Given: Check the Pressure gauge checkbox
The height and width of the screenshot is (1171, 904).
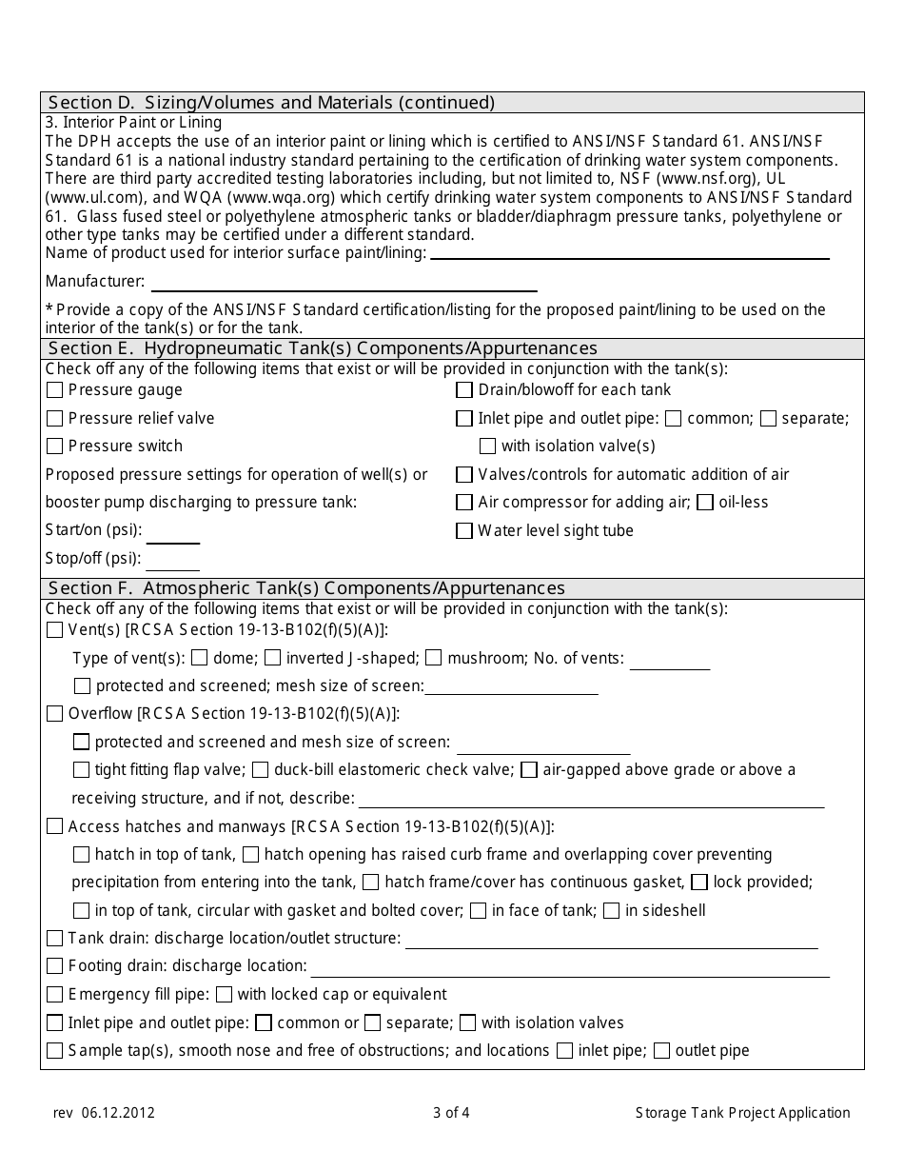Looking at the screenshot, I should click(x=55, y=389).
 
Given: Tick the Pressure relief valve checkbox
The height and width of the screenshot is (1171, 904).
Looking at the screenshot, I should click(x=55, y=418).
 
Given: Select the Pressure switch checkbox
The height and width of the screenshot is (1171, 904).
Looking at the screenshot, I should click(x=55, y=446).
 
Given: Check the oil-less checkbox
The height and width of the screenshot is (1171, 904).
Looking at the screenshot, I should click(x=705, y=502).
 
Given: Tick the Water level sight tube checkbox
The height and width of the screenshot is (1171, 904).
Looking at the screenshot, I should click(x=464, y=530).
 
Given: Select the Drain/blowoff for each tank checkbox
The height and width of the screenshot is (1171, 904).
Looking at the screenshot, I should click(x=464, y=389).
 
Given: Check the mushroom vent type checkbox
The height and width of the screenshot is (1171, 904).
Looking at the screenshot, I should click(x=434, y=657).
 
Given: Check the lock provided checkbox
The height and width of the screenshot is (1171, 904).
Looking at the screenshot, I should click(x=699, y=882).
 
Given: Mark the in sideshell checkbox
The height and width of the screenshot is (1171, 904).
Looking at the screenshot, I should click(x=612, y=910).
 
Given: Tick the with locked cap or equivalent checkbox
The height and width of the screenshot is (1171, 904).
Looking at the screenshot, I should click(x=225, y=994).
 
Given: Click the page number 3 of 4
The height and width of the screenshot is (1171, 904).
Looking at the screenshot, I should click(x=451, y=1112).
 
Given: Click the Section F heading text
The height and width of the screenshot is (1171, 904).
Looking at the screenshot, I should click(x=306, y=588).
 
